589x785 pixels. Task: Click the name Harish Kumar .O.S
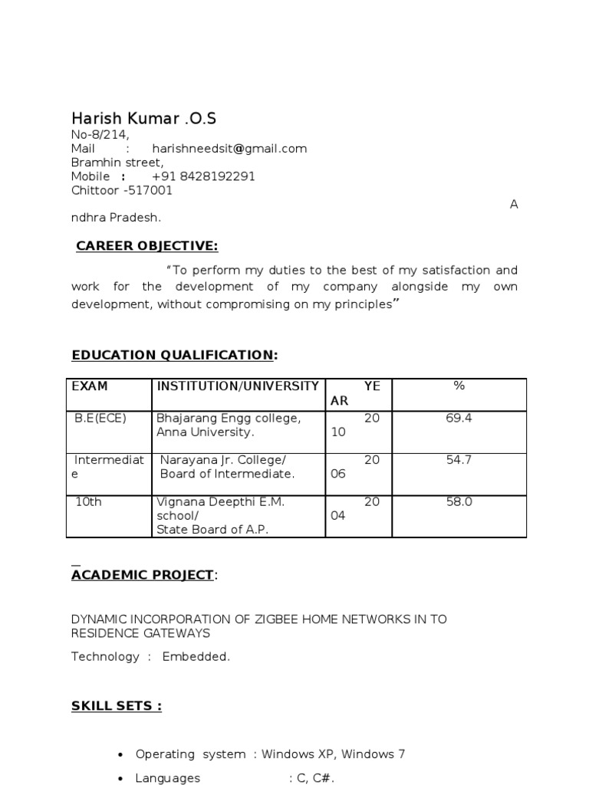coord(143,118)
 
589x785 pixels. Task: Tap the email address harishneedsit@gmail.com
coord(229,149)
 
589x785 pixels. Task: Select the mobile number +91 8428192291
coord(203,176)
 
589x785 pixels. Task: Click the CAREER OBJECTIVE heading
coord(147,245)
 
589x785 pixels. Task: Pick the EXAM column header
coord(90,386)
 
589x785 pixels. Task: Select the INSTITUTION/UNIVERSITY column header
coord(238,386)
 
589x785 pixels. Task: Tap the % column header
coord(459,386)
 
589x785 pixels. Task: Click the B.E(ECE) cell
coord(100,419)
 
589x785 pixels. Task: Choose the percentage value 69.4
coord(459,419)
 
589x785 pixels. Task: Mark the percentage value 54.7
coord(459,460)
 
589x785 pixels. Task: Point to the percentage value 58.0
coord(459,502)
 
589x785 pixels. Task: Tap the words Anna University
coord(205,432)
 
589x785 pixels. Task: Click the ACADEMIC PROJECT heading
coord(142,575)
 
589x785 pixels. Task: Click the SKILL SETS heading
coord(117,705)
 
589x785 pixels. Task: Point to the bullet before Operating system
coord(120,755)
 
